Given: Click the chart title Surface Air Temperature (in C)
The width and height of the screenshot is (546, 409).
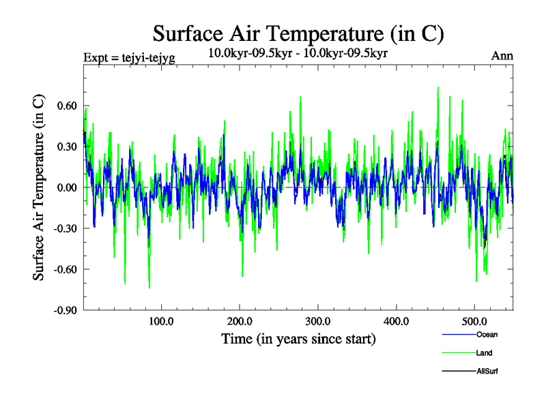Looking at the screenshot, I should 298,33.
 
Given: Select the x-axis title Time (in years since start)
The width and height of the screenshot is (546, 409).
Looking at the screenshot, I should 298,339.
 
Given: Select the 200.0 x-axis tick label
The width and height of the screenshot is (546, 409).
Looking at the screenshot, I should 240,321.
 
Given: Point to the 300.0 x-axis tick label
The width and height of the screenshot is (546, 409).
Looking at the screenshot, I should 318,321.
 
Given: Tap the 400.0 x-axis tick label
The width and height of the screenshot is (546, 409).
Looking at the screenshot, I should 397,321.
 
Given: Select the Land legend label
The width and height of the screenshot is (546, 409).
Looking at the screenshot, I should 484,353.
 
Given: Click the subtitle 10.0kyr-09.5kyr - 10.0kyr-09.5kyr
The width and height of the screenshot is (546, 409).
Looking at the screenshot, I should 298,52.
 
